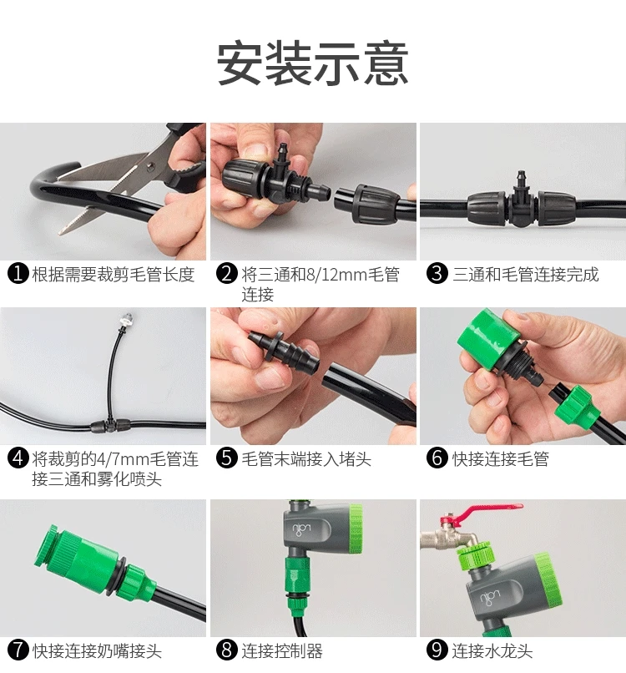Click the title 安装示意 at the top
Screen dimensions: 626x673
pyautogui.click(x=312, y=63)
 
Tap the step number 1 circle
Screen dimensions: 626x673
pyautogui.click(x=18, y=274)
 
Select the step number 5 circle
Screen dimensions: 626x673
pyautogui.click(x=226, y=458)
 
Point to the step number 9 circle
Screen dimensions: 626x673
pyautogui.click(x=437, y=650)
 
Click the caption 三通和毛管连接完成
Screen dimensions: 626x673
pyautogui.click(x=526, y=274)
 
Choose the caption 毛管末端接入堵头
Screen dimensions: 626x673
pyautogui.click(x=306, y=458)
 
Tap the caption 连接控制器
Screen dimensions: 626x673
pyautogui.click(x=282, y=650)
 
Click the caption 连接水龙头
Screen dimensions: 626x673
pyautogui.click(x=492, y=650)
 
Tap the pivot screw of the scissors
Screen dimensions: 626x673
pyautogui.click(x=149, y=164)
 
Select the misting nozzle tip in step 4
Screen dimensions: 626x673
pyautogui.click(x=126, y=318)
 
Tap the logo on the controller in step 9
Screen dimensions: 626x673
pyautogui.click(x=490, y=597)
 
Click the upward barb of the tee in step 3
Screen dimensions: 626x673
pyautogui.click(x=522, y=180)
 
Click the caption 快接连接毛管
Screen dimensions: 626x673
pyautogui.click(x=501, y=458)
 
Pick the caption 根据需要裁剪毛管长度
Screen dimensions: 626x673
pyautogui.click(x=114, y=274)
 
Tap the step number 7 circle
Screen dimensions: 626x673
pyautogui.click(x=18, y=650)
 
